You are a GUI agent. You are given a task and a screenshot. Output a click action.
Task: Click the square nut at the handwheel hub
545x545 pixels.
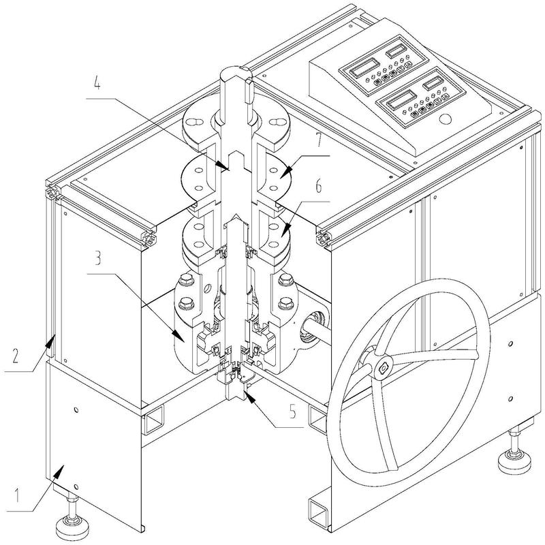[383, 368]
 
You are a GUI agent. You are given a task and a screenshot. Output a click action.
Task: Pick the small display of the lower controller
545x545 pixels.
[433, 83]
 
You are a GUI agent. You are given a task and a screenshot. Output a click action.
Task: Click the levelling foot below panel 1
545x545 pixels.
[67, 523]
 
